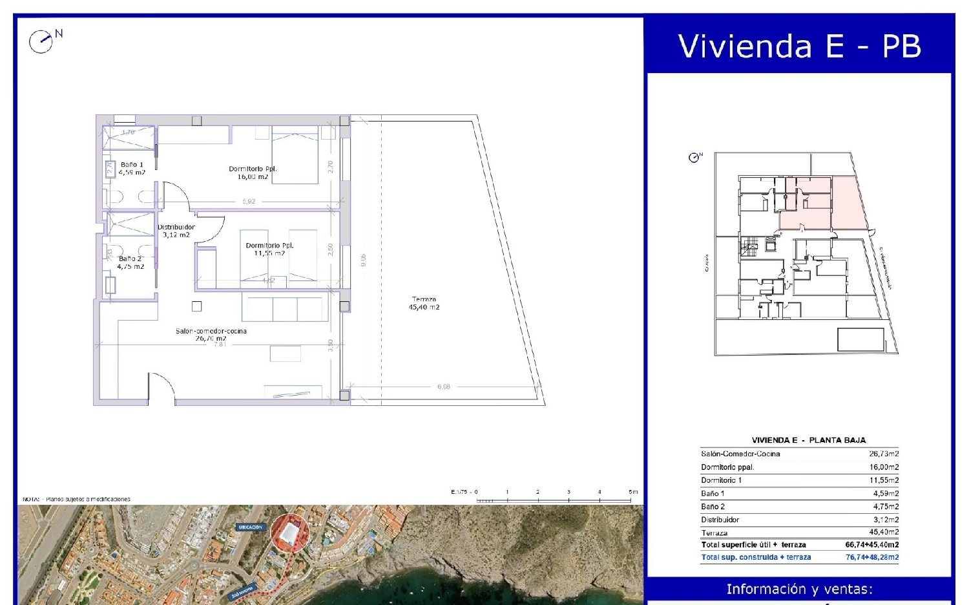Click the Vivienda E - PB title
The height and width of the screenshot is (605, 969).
click(799, 47)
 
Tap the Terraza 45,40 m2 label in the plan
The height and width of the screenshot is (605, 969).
click(424, 303)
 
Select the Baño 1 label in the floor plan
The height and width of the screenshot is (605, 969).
click(132, 169)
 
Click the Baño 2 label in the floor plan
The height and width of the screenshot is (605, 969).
click(130, 262)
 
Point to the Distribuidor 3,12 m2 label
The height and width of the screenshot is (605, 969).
click(176, 231)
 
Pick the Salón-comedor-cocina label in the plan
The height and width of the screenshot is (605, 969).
click(211, 334)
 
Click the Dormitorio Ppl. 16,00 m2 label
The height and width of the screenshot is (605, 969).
click(253, 173)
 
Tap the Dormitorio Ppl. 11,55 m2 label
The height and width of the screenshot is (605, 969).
click(269, 249)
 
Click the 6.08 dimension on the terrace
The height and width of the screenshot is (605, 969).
click(444, 387)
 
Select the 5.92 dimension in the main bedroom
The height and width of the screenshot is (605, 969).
click(249, 202)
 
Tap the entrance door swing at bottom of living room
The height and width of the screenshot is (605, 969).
click(161, 388)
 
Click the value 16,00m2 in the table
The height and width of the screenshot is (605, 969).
click(884, 467)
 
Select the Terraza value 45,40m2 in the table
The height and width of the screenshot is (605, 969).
click(884, 532)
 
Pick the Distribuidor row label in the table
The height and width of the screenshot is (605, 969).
click(720, 520)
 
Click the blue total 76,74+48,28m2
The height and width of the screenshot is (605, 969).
click(871, 557)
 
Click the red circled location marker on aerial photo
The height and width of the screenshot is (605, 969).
click(289, 533)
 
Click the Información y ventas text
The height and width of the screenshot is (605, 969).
click(799, 589)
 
